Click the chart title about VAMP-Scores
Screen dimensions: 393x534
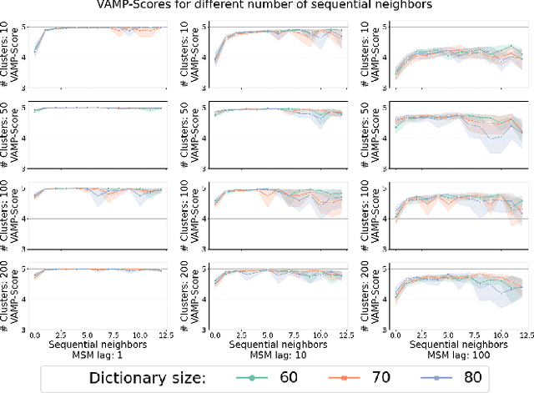coord(267,8)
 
